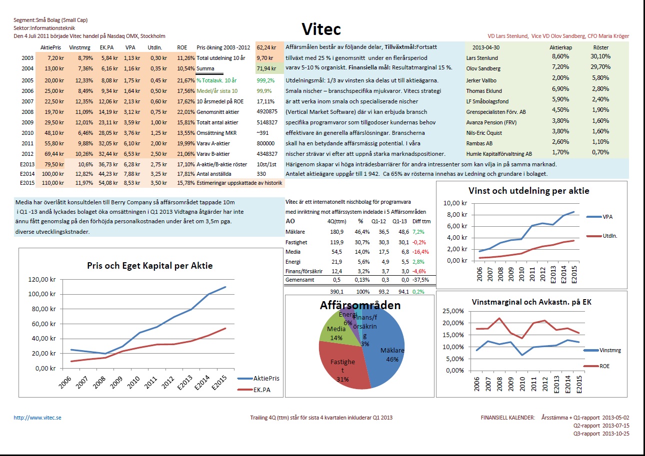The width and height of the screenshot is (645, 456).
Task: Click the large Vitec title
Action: click(322, 28)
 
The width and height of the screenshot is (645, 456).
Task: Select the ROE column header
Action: click(182, 47)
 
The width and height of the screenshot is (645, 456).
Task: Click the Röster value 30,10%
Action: click(600, 57)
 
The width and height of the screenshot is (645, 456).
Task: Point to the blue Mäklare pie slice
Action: click(385, 350)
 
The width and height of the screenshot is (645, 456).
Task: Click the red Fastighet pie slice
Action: click(340, 365)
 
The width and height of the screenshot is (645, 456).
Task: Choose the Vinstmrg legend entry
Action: click(609, 350)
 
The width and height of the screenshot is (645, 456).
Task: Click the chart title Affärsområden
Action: click(360, 305)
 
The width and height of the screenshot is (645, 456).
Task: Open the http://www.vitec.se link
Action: click(37, 418)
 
